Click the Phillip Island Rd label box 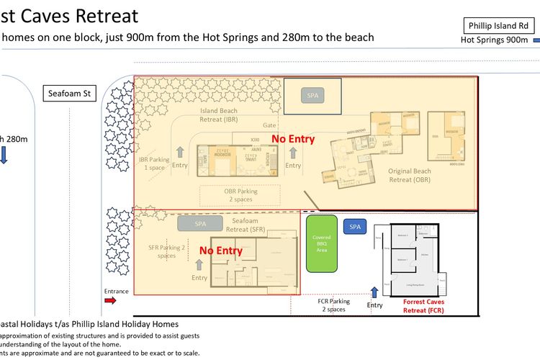(498, 24)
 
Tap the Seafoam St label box (70, 93)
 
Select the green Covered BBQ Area (321, 243)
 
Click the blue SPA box (354, 226)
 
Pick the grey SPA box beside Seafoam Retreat (201, 224)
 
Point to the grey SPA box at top (312, 95)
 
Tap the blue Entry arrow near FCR (374, 292)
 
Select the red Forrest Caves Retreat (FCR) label (424, 307)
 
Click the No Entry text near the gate (292, 139)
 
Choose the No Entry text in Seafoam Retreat (220, 251)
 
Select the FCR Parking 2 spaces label (331, 305)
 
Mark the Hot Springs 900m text (494, 40)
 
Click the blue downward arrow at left (4, 155)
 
